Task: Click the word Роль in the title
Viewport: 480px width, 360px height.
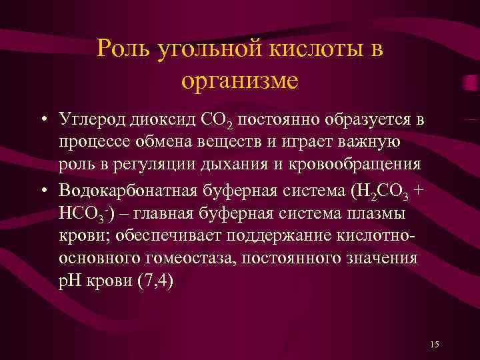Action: click(x=123, y=49)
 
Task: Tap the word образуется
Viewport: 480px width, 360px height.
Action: click(x=370, y=121)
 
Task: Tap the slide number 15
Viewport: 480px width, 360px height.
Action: click(x=434, y=344)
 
